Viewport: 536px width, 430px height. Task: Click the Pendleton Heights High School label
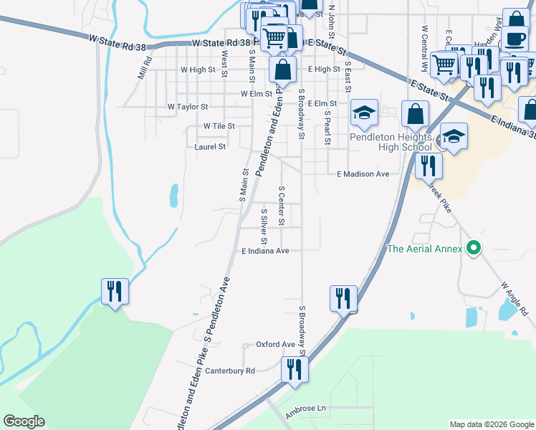391,142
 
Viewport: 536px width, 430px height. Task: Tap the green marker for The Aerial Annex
473,249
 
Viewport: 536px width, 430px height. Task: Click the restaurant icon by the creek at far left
115,291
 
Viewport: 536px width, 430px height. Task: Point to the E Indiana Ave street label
265,252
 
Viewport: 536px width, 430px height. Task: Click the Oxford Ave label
276,345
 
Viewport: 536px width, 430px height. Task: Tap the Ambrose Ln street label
305,408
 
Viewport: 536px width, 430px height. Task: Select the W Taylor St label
188,106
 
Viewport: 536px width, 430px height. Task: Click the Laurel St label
210,146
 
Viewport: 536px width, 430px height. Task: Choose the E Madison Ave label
363,174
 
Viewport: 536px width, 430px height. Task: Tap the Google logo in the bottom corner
24,421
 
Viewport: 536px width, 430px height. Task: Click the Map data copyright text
491,424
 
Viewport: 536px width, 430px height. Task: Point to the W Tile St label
219,126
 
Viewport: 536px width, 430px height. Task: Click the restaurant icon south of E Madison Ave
429,166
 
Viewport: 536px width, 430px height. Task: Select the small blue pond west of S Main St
174,194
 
